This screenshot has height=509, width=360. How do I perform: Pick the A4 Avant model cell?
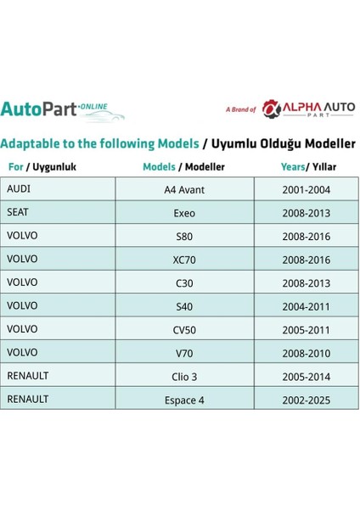tap(184, 189)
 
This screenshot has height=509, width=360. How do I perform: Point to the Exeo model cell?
tap(184, 212)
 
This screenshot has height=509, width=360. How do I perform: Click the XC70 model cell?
tap(184, 259)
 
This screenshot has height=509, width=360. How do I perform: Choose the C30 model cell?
tap(184, 282)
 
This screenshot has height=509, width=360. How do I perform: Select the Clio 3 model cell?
tap(184, 374)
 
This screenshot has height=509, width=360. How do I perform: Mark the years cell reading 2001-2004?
tap(306, 189)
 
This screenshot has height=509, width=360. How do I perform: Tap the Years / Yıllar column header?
tap(306, 166)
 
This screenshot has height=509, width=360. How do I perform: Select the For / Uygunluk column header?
tap(42, 166)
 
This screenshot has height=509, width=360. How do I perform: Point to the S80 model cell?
tap(184, 235)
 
